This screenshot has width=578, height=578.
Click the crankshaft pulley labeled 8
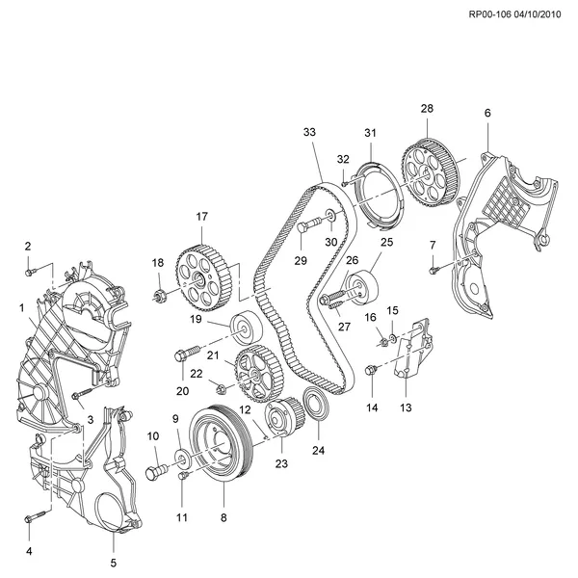222,445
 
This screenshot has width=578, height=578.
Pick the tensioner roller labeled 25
365,286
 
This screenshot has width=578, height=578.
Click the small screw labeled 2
30,270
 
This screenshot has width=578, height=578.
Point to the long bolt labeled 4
34,516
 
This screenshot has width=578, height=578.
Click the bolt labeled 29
303,227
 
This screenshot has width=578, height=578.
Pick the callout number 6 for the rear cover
487,114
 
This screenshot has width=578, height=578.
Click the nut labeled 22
222,389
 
